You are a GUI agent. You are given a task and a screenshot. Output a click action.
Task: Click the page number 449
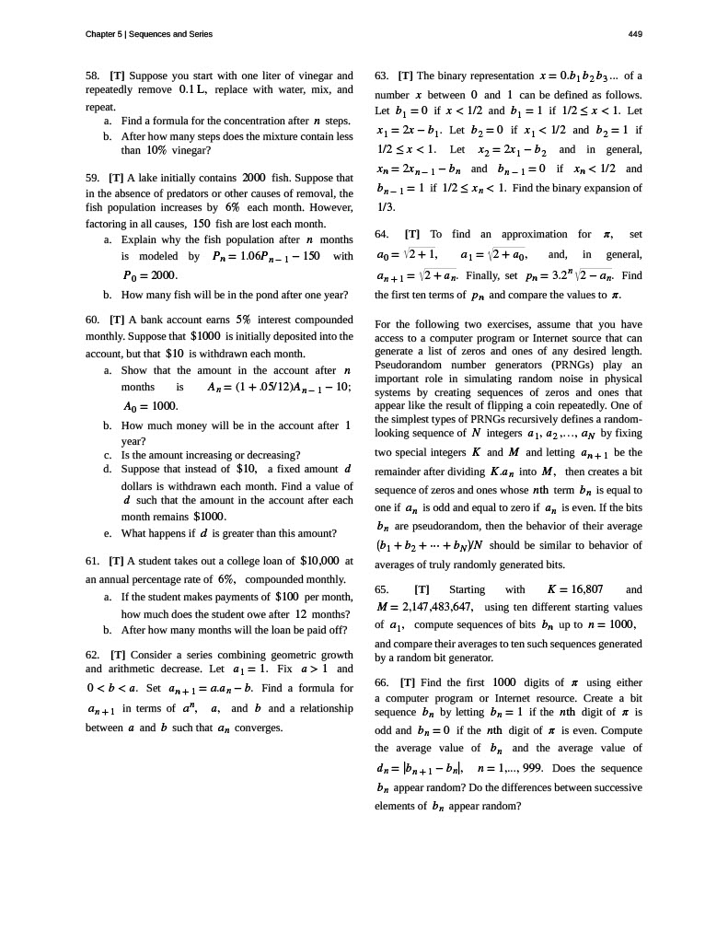click(x=635, y=34)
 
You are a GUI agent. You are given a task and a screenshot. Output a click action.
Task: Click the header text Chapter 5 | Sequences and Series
click(x=148, y=34)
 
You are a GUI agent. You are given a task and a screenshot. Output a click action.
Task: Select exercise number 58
click(x=91, y=75)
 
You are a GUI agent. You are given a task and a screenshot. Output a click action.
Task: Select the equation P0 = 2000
click(x=150, y=274)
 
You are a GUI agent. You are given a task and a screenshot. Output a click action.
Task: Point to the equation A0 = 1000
click(x=150, y=406)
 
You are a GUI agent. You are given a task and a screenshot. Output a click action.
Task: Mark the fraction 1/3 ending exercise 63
click(x=386, y=207)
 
